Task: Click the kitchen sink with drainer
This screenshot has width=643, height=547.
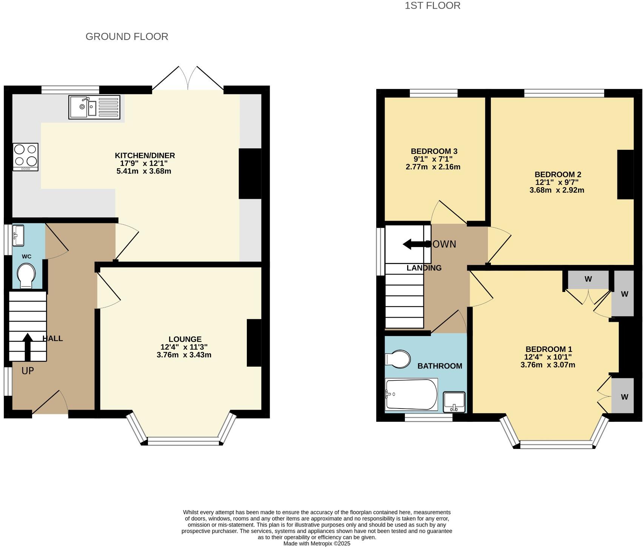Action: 94,107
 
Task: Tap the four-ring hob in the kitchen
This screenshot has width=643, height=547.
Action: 26,157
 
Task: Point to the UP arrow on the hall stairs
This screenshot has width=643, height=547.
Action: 28,346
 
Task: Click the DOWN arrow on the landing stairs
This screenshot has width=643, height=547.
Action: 415,244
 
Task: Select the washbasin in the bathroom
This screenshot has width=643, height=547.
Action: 454,402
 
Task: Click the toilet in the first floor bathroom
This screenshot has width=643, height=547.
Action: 398,359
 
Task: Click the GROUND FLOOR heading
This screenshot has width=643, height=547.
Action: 127,37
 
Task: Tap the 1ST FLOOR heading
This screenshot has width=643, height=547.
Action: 432,6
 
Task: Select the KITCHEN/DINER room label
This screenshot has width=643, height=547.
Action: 145,155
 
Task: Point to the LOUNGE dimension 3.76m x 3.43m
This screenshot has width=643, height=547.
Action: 184,355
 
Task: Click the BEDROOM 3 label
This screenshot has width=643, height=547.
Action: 434,151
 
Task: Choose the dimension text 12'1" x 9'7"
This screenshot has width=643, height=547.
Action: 557,182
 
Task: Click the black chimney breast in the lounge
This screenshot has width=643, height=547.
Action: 254,343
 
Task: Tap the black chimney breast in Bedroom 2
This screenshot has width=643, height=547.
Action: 625,174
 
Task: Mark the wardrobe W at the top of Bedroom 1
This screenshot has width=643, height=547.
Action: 588,280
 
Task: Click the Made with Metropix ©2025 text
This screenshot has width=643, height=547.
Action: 317,544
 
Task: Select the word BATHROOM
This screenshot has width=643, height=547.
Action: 440,366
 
